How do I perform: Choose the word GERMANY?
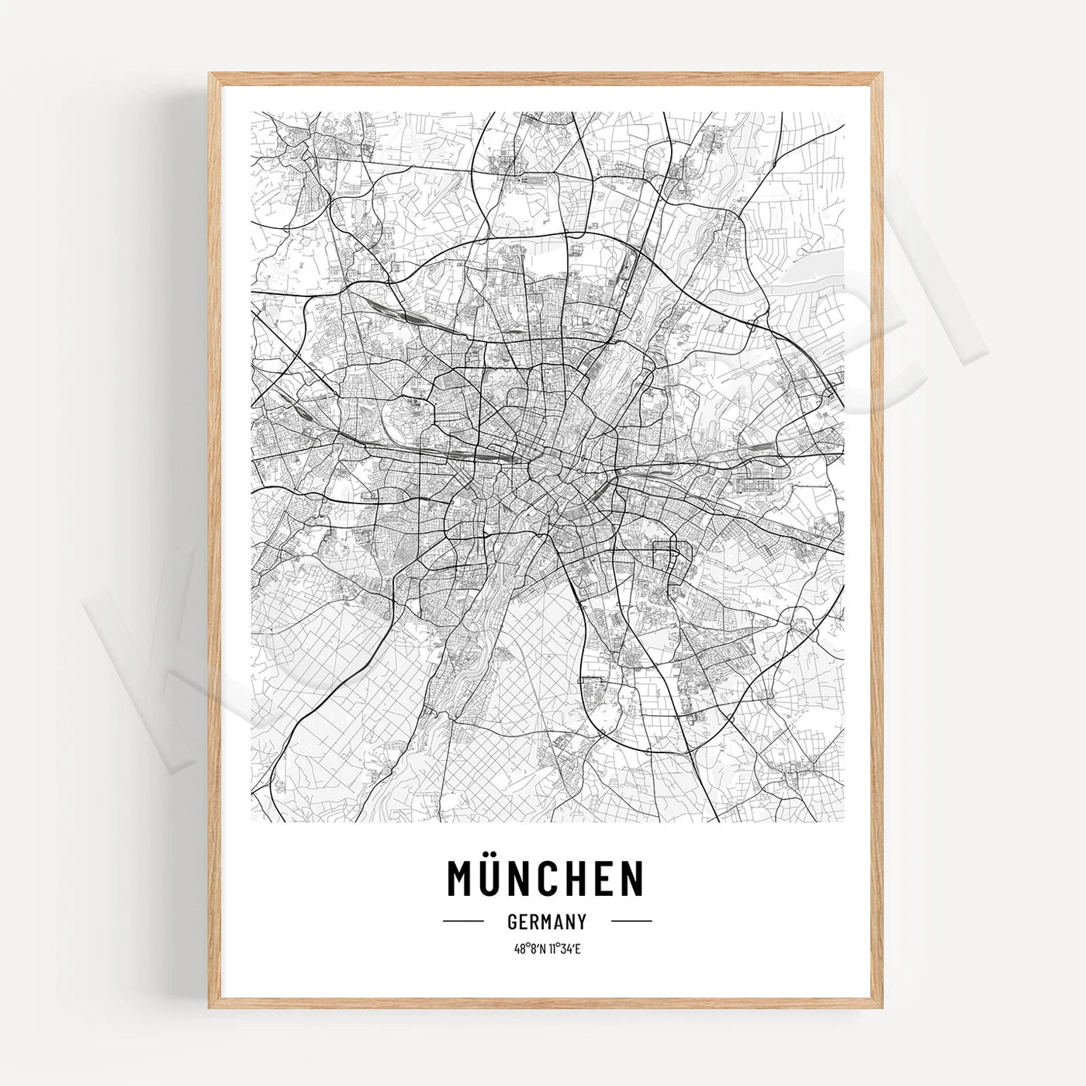click(546, 922)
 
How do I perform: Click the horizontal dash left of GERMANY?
click(463, 922)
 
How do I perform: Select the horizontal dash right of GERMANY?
click(631, 922)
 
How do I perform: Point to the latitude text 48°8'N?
click(530, 948)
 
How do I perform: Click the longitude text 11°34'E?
click(565, 948)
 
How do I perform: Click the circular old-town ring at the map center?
click(552, 473)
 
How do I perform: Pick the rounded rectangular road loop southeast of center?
click(666, 559)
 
